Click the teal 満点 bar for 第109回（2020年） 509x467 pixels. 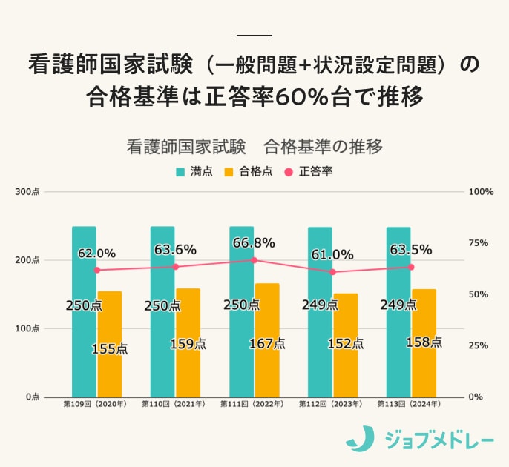[84, 311]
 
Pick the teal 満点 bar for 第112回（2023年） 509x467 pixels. [320, 311]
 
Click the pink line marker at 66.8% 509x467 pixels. [254, 260]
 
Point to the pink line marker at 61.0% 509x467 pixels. [333, 272]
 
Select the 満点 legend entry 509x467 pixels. [194, 171]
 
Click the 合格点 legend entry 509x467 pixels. [249, 171]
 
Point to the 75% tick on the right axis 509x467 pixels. [480, 243]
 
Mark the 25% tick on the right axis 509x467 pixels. [480, 345]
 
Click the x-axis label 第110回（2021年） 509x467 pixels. [175, 405]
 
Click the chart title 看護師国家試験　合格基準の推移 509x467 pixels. [254, 146]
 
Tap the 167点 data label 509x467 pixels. [266, 343]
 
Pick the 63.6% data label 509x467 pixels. [175, 250]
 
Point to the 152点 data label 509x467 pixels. [345, 344]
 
